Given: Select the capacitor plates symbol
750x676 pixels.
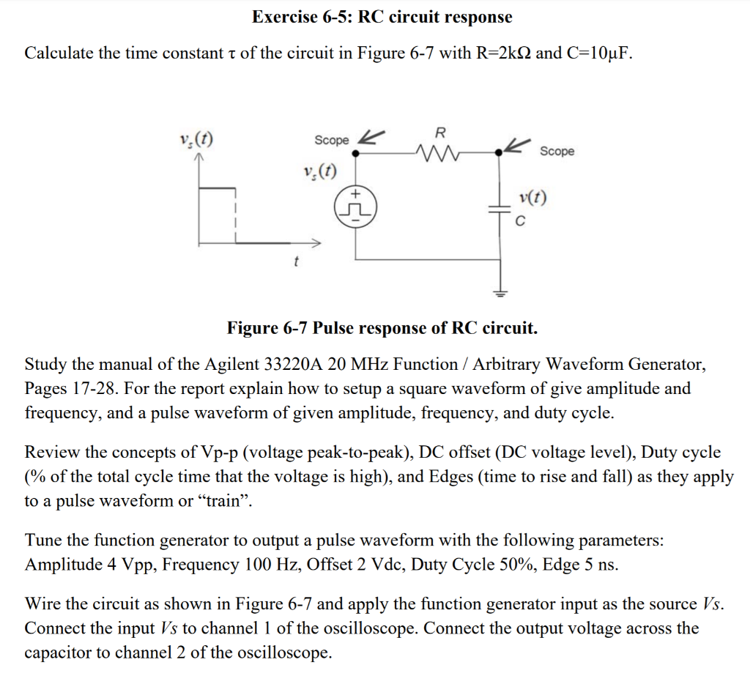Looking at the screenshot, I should click(x=501, y=209).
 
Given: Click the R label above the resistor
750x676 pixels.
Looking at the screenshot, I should click(x=439, y=133).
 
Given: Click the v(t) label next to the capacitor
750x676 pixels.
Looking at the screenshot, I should click(x=531, y=198).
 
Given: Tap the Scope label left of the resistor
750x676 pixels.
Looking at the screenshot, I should click(x=332, y=140).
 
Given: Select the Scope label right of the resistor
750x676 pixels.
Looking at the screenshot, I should click(x=557, y=152).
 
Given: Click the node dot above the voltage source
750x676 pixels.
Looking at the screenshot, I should click(x=355, y=154).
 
